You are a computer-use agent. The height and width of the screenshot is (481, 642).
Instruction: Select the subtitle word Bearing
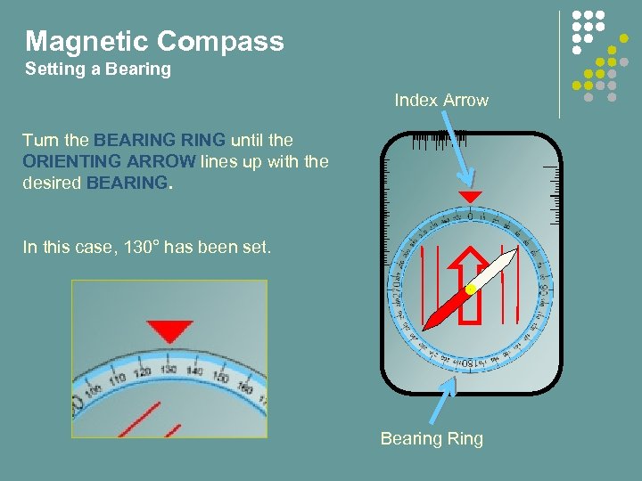(136, 69)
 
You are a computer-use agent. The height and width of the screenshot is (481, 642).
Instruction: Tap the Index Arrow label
(441, 101)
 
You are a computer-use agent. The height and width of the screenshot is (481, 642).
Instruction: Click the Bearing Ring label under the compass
(432, 438)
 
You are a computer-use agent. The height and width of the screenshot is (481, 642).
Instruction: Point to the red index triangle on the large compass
(470, 196)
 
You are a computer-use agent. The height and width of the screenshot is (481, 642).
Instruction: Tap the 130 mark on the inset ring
(168, 369)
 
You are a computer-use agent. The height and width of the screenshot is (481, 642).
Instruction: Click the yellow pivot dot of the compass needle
(469, 290)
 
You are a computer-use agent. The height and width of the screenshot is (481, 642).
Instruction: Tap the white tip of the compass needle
(510, 256)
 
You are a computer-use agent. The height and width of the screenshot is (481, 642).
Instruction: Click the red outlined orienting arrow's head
(470, 259)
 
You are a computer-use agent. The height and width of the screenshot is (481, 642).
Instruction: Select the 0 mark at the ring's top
(470, 216)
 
